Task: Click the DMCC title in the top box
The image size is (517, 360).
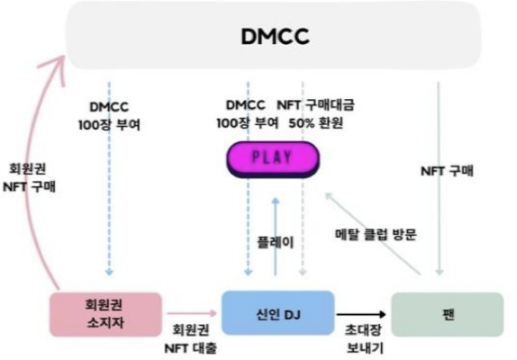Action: click(276, 36)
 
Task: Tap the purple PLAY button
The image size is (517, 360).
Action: click(273, 159)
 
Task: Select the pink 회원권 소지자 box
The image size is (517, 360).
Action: click(105, 314)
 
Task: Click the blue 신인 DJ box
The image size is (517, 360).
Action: click(278, 313)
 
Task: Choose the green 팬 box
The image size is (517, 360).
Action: click(448, 314)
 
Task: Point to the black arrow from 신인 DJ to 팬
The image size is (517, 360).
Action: click(361, 314)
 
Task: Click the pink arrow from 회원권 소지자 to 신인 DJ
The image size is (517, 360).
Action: click(192, 313)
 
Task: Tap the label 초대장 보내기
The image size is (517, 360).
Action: click(365, 339)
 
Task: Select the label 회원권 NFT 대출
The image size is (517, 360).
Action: click(191, 339)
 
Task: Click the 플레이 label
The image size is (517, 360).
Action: click(276, 242)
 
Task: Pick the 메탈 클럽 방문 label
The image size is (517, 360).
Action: click(376, 235)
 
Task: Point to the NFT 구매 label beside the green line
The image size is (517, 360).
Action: click(447, 171)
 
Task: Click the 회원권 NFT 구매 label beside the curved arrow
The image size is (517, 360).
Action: click(29, 178)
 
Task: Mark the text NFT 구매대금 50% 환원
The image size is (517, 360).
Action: click(316, 114)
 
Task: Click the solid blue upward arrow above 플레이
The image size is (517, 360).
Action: click(276, 237)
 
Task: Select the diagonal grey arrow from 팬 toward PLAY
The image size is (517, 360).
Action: click(373, 233)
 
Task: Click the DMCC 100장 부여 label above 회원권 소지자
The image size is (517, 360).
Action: click(109, 116)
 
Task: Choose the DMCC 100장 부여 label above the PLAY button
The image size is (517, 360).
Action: click(248, 114)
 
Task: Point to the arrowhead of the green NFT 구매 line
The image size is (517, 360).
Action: click(439, 272)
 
